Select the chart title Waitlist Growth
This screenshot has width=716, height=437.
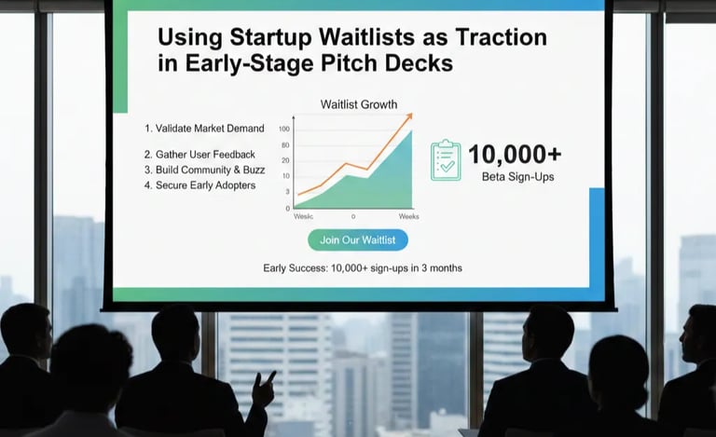[x=358, y=104]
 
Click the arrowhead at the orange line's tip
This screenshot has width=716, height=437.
[x=408, y=116]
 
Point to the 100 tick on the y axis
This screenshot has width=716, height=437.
[x=284, y=130]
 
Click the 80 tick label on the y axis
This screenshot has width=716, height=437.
[x=285, y=144]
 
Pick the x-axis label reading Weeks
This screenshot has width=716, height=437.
[x=408, y=216]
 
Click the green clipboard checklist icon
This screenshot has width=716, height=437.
[x=446, y=160]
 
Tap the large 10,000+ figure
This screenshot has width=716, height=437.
[x=514, y=154]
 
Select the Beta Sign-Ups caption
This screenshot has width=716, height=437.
[x=517, y=176]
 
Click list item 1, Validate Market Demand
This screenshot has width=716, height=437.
[x=204, y=129]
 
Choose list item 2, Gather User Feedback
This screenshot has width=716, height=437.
[x=200, y=155]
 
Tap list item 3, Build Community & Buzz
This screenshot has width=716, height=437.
[x=204, y=170]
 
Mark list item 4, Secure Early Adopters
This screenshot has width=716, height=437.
[x=200, y=185]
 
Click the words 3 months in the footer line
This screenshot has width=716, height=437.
[x=441, y=268]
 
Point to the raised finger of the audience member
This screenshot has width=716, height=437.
[x=271, y=376]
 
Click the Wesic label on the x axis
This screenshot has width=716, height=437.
[x=303, y=216]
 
